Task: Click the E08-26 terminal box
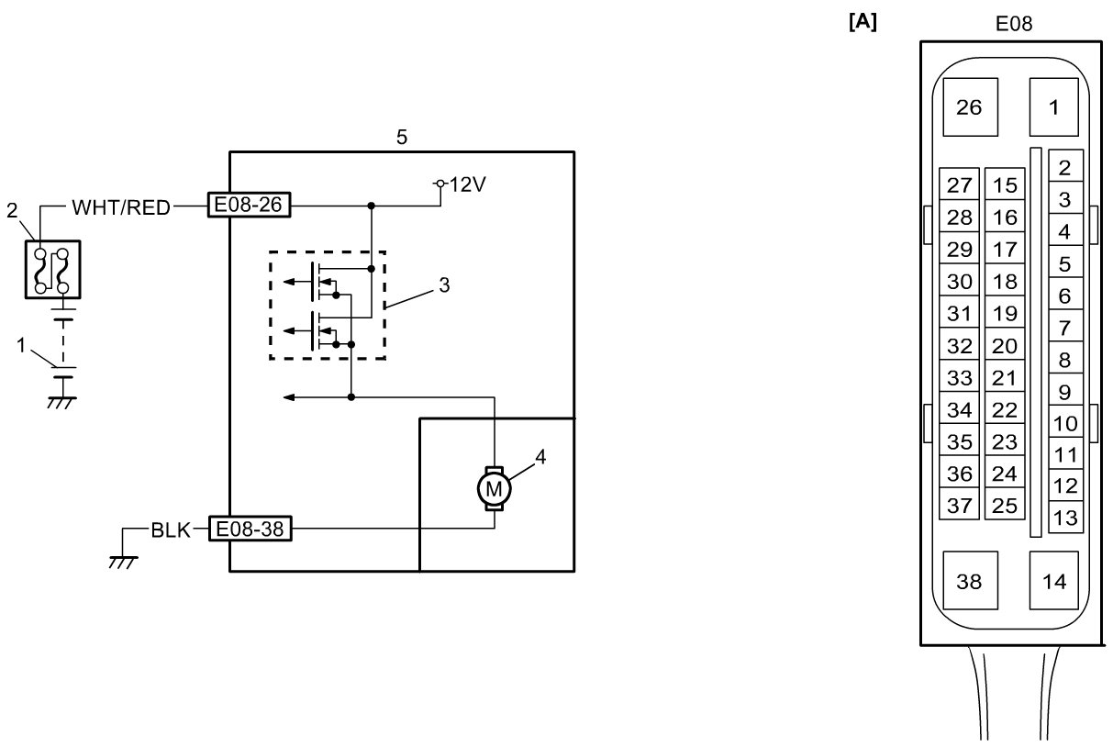tap(250, 206)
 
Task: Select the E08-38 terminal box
tap(250, 530)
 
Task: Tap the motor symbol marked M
tap(495, 488)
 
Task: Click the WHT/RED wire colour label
tap(121, 207)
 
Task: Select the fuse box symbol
tap(51, 268)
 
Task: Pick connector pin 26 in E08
tap(969, 107)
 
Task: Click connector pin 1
tap(1053, 107)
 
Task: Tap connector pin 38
tap(969, 581)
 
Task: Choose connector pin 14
tap(1054, 581)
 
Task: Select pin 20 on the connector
tap(1006, 346)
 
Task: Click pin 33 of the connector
tap(959, 378)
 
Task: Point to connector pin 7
tap(1064, 328)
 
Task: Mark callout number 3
tap(444, 284)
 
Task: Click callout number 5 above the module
tap(402, 138)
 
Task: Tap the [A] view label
tap(863, 23)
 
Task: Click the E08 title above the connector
tap(1014, 26)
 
